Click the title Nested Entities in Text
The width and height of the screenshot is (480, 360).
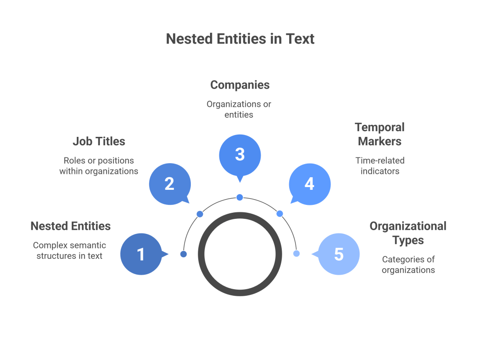pos(240,38)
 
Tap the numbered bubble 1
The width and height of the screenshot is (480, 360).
pos(141,254)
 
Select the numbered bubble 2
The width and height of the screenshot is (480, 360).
pos(169,184)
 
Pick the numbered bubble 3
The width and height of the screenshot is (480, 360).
pos(240,154)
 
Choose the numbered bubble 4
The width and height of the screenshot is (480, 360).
pos(309,184)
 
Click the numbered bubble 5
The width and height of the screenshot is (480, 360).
pos(338,254)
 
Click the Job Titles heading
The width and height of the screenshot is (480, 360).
pos(99,141)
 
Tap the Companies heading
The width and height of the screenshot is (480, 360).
pos(240,85)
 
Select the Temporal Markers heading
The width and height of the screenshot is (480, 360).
pos(380,134)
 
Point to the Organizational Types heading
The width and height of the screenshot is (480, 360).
pos(408,233)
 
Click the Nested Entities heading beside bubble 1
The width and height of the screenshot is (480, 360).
pos(71,226)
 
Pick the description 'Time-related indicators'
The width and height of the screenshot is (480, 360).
pos(380,165)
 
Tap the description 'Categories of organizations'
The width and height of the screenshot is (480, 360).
pos(408,264)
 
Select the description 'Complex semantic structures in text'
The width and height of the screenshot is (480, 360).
pos(70,250)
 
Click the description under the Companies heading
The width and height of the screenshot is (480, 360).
pos(239,109)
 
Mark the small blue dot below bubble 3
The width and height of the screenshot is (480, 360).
pos(240,197)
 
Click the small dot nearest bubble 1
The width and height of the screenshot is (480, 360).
pos(184,254)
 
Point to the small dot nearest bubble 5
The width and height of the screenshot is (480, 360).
pos(296,254)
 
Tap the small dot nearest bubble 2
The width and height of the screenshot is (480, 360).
pos(200,214)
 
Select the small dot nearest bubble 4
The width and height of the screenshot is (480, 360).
pos(280,214)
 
